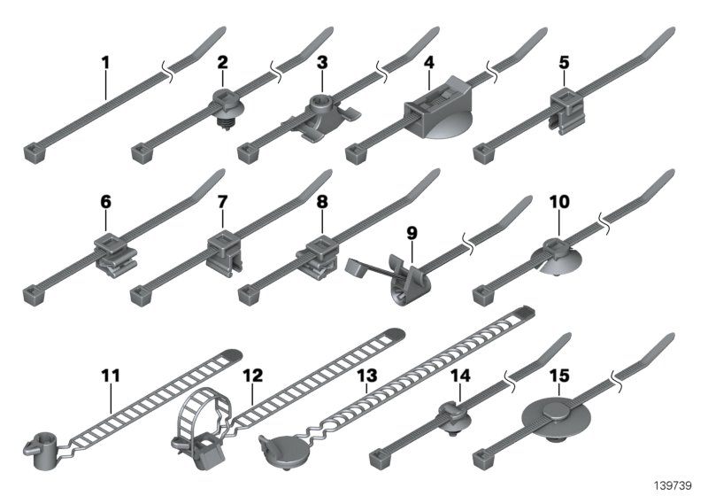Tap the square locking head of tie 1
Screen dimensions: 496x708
pos(31,154)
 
